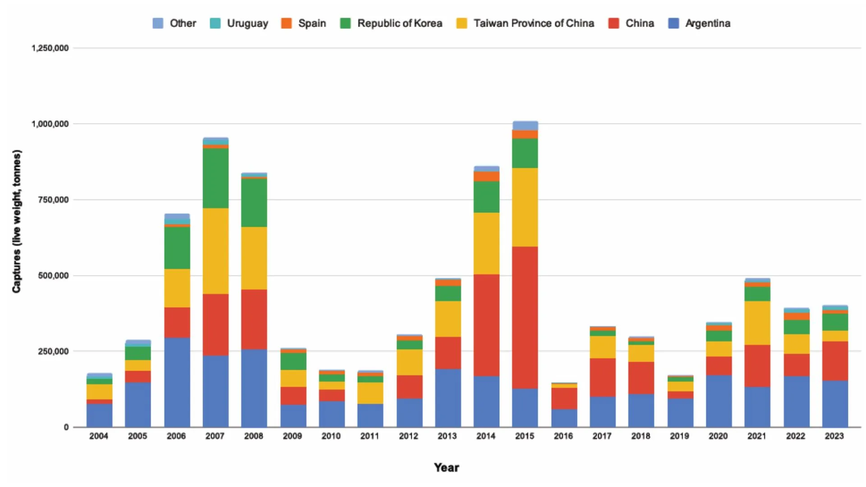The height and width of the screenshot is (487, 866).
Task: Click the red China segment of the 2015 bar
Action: click(525, 317)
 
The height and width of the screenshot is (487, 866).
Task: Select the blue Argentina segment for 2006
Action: click(177, 382)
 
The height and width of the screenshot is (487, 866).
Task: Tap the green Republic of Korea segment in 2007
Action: click(216, 178)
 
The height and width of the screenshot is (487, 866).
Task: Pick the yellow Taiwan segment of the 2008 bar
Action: click(254, 258)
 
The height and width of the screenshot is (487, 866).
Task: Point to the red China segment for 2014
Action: click(486, 325)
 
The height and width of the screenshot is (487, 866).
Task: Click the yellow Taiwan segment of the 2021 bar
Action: click(757, 323)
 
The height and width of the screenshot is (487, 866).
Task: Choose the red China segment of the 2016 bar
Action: click(564, 398)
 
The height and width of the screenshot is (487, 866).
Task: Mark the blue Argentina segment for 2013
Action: click(448, 398)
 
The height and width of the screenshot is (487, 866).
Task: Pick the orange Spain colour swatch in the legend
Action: click(286, 23)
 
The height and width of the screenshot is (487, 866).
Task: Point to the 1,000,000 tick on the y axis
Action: click(50, 124)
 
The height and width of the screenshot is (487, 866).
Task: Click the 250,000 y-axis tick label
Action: click(53, 351)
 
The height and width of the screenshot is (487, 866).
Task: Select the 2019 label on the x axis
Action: click(679, 436)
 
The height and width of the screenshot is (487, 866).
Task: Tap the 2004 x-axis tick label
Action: click(99, 436)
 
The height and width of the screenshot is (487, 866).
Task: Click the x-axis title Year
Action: click(447, 468)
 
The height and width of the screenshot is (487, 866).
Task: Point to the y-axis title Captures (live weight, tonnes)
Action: click(17, 221)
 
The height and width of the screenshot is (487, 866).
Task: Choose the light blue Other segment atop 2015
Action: click(525, 125)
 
